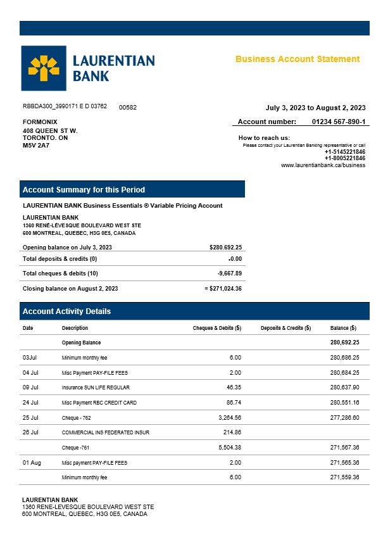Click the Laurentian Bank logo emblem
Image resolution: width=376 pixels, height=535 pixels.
click(42, 68)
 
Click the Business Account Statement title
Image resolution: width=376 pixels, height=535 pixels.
click(298, 59)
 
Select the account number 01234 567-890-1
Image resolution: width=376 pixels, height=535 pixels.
click(339, 122)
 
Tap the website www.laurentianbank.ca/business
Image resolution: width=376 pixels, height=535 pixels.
click(323, 165)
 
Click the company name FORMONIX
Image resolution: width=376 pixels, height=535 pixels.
click(40, 122)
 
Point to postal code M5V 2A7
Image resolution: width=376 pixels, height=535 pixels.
click(36, 145)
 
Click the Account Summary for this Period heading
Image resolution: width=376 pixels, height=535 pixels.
click(84, 190)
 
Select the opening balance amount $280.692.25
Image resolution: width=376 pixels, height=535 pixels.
click(225, 248)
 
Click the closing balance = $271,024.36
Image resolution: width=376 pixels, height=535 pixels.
click(223, 289)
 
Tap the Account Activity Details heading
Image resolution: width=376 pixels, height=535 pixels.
click(66, 312)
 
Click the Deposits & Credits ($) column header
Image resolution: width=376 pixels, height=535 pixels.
click(285, 328)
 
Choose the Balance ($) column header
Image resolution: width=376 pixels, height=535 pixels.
click(343, 328)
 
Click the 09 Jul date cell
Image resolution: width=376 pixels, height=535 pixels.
click(30, 387)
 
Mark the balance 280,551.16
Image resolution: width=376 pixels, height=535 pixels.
click(344, 403)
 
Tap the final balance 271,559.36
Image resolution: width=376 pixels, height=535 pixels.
click(344, 477)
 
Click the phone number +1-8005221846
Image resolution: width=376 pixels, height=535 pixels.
click(345, 158)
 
